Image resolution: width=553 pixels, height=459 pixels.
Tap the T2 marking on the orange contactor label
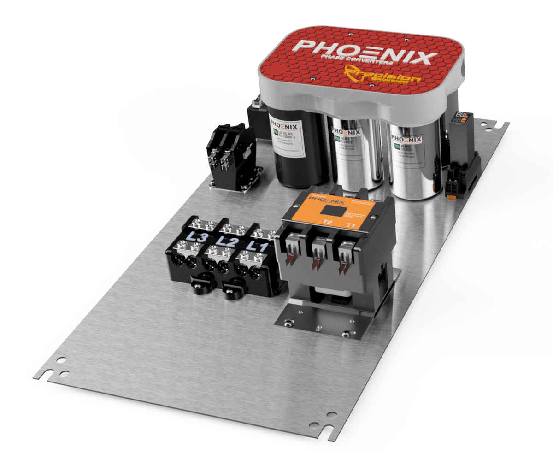click(327, 222)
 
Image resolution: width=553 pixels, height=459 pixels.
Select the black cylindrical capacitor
click(295, 147)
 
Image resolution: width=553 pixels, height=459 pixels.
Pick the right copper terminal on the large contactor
click(344, 266)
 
